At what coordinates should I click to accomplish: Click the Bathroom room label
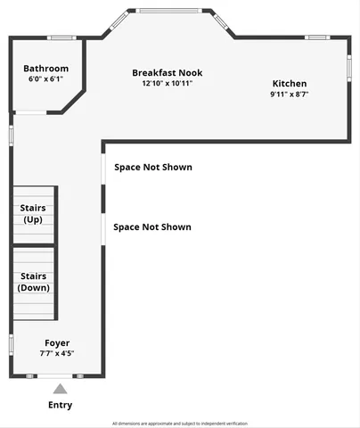click(x=45, y=69)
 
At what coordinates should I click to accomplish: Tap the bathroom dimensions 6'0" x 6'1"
click(x=45, y=79)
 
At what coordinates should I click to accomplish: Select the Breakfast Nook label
click(x=167, y=72)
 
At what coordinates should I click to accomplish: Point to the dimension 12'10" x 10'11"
click(x=167, y=83)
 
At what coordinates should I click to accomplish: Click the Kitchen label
click(x=290, y=84)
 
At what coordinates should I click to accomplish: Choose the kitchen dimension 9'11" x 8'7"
click(x=290, y=95)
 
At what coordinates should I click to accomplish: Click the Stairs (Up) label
click(x=32, y=213)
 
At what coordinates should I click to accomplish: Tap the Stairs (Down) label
click(x=34, y=282)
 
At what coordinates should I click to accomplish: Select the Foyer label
click(x=57, y=342)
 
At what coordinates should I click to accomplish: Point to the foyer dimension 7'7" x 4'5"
click(x=57, y=353)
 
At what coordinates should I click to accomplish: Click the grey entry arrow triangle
click(x=60, y=389)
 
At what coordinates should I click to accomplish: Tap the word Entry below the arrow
click(x=60, y=405)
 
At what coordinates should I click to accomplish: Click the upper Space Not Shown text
click(x=152, y=167)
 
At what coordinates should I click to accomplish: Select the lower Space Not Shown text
click(x=152, y=226)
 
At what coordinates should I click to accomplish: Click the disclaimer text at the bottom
click(x=180, y=424)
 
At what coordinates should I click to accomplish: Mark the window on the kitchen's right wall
click(x=348, y=69)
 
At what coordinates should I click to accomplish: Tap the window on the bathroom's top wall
click(x=61, y=37)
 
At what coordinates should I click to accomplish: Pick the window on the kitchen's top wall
click(x=317, y=37)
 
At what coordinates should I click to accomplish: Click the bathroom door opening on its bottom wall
click(x=32, y=113)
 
